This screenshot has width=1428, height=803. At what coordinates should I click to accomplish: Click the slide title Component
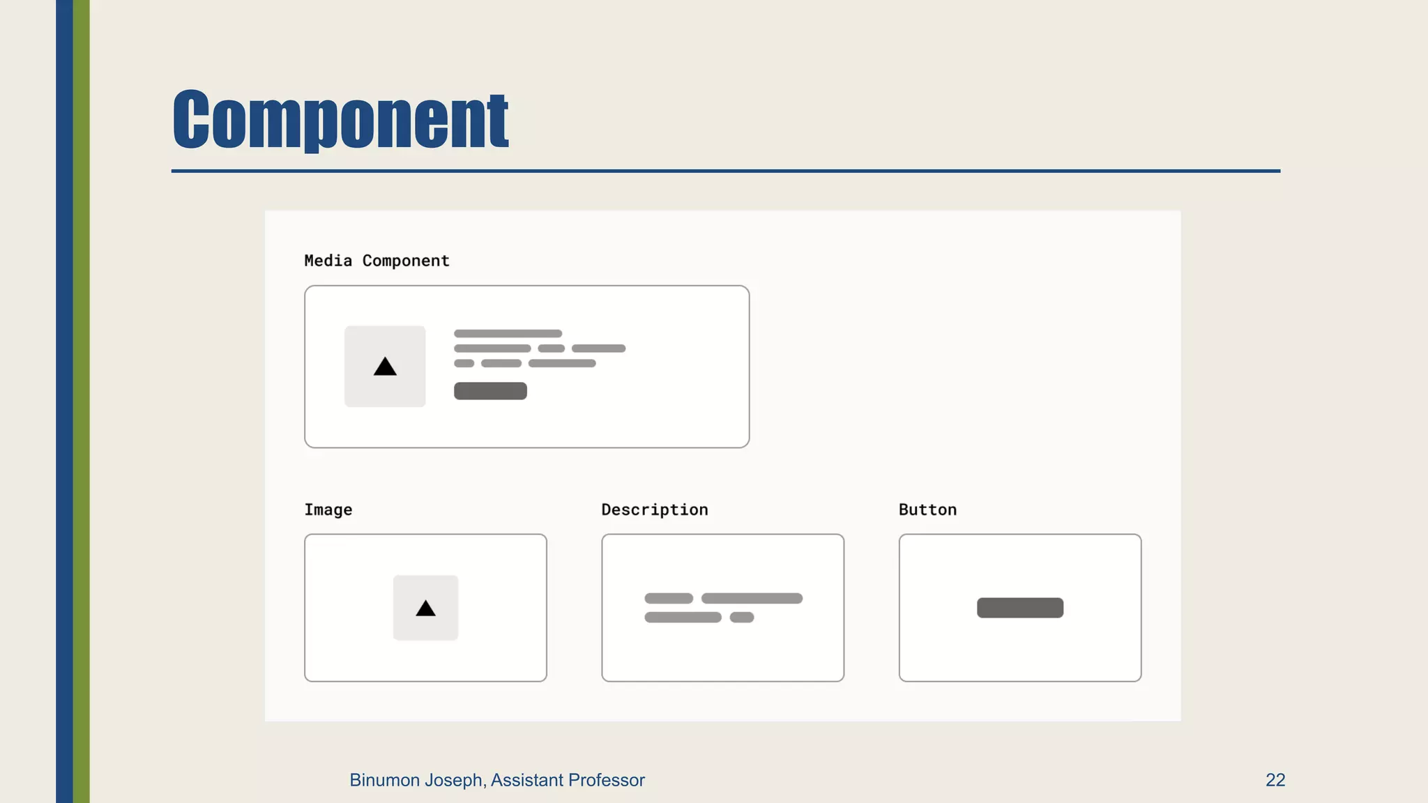[x=340, y=119]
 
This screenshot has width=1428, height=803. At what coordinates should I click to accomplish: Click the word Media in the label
[x=328, y=261]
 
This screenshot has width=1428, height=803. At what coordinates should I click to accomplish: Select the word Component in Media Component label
[x=406, y=261]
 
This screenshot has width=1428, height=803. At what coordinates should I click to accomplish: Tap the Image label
[x=328, y=510]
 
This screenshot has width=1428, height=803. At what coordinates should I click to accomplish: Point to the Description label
[x=654, y=510]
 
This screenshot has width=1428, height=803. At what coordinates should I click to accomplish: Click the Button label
[x=927, y=510]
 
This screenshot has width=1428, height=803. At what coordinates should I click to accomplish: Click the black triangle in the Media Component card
[x=385, y=367]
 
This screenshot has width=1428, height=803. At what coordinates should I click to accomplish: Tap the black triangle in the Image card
[x=425, y=609]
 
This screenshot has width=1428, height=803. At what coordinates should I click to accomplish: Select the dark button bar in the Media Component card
[x=490, y=391]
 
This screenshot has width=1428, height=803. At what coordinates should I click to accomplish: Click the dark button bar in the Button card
[x=1019, y=608]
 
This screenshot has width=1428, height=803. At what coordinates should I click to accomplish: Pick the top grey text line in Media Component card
[x=508, y=334]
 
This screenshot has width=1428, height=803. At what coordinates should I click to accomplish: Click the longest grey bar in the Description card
[x=752, y=599]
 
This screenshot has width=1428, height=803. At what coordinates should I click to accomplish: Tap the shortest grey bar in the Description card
[x=741, y=618]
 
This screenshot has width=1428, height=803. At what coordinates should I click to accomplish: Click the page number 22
[x=1275, y=780]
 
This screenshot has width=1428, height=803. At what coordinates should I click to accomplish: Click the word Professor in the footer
[x=606, y=780]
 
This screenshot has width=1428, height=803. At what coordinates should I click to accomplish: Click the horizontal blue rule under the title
[x=725, y=171]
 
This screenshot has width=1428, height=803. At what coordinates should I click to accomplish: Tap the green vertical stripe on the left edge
[x=82, y=401]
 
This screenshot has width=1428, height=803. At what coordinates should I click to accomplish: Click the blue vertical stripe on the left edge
[x=64, y=401]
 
